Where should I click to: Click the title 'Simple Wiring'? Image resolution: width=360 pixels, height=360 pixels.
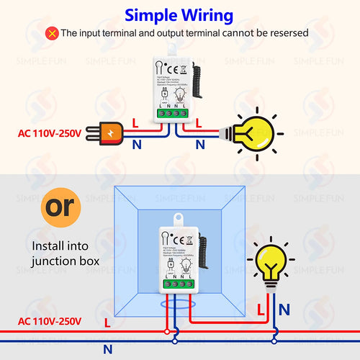point(180,15)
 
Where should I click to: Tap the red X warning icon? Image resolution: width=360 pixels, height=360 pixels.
point(51,33)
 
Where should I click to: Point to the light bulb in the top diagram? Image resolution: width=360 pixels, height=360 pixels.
point(256,131)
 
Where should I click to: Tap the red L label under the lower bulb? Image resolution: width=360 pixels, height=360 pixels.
point(261,309)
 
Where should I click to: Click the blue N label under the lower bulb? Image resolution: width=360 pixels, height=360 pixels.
point(284,309)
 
